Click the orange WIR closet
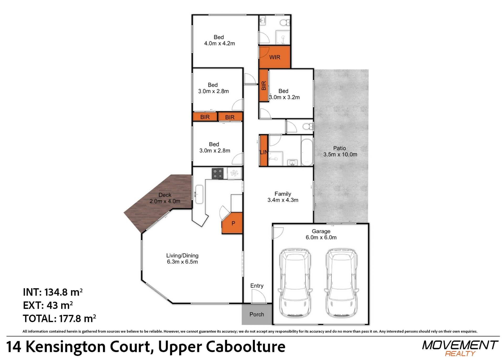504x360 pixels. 275,57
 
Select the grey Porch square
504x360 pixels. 257,314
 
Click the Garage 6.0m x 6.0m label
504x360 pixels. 321,234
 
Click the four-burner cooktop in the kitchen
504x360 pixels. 218,174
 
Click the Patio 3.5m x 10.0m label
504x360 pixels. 340,152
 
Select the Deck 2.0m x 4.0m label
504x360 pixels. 165,198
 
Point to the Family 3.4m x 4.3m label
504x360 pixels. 283,197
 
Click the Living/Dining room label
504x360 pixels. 182,258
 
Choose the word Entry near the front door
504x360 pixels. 257,286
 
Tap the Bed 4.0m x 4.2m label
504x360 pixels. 219,40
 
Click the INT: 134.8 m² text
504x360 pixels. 53,292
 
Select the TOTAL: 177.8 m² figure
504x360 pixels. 59,319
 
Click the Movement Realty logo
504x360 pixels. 460,348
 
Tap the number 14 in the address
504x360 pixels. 13,347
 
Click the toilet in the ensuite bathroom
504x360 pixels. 285,23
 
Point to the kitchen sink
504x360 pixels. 199,194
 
